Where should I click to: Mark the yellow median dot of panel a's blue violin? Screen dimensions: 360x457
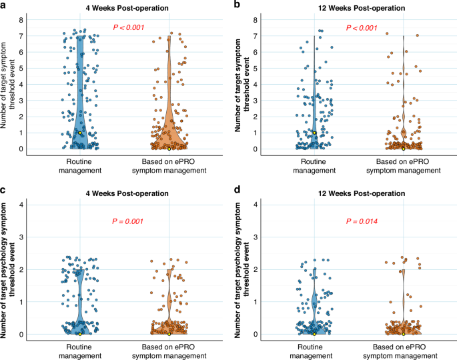tap(80, 133)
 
